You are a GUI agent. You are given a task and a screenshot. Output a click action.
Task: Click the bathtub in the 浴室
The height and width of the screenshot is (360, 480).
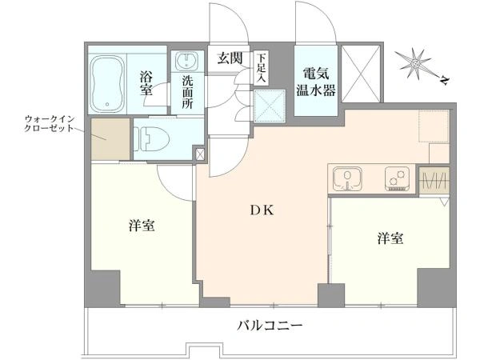coord(108,84)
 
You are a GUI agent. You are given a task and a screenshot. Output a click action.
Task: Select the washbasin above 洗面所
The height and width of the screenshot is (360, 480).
coord(187,61)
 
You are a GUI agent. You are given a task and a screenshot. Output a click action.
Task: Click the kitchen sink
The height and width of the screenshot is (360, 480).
coord(347,178)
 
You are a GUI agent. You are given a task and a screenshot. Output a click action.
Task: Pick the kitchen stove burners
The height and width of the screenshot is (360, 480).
coord(398,178)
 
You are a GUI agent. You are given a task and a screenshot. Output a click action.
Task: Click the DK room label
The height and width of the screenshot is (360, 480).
coord(262,210)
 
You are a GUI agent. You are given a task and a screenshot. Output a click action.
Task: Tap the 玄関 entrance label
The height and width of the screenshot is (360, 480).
coord(230,58)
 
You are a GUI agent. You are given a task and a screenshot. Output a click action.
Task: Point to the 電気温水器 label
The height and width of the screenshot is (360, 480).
coord(316,82)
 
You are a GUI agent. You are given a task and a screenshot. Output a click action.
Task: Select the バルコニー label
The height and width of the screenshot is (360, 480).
coord(270,325)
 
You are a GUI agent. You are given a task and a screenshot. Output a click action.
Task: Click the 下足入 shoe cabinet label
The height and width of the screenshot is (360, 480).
coord(261,68)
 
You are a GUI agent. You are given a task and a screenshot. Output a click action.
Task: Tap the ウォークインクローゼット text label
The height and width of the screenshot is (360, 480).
coord(50,123)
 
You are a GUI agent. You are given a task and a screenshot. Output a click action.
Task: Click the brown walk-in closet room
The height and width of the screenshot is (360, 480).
coord(110,139)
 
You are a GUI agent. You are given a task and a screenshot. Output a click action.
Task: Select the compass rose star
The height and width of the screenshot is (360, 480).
coord(416,64)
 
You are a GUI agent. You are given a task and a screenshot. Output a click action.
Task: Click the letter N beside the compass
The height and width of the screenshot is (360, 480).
coord(445,80)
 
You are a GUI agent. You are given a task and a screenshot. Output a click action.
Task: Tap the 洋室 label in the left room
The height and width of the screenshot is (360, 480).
coord(142,226)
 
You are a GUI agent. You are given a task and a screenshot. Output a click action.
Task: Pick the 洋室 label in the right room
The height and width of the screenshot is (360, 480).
coord(390,238)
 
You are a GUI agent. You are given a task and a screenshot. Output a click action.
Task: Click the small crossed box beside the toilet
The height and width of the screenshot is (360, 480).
coord(200,154)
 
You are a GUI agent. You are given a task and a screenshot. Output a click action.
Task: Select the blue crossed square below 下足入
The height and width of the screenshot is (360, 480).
coord(270,106)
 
